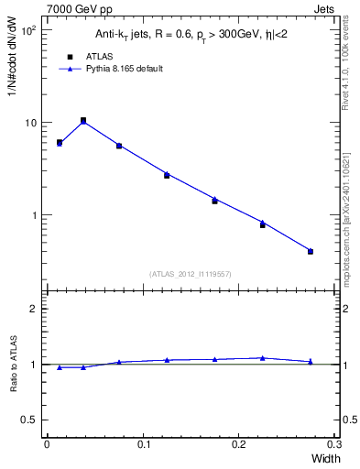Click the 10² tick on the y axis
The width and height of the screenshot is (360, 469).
(x=28, y=30)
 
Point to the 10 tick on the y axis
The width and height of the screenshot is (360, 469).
(x=30, y=123)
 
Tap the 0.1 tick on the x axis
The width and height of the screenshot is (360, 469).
(x=143, y=444)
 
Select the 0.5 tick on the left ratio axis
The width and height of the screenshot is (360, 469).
(x=29, y=420)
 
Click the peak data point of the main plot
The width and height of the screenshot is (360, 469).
(x=83, y=120)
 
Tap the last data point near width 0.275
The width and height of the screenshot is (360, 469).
(x=311, y=251)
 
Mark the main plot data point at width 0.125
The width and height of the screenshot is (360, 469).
(x=167, y=175)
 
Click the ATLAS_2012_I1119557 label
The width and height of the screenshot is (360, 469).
(x=191, y=274)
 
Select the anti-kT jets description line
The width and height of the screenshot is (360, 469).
(x=191, y=36)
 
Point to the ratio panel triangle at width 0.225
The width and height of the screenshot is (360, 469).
(x=263, y=358)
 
